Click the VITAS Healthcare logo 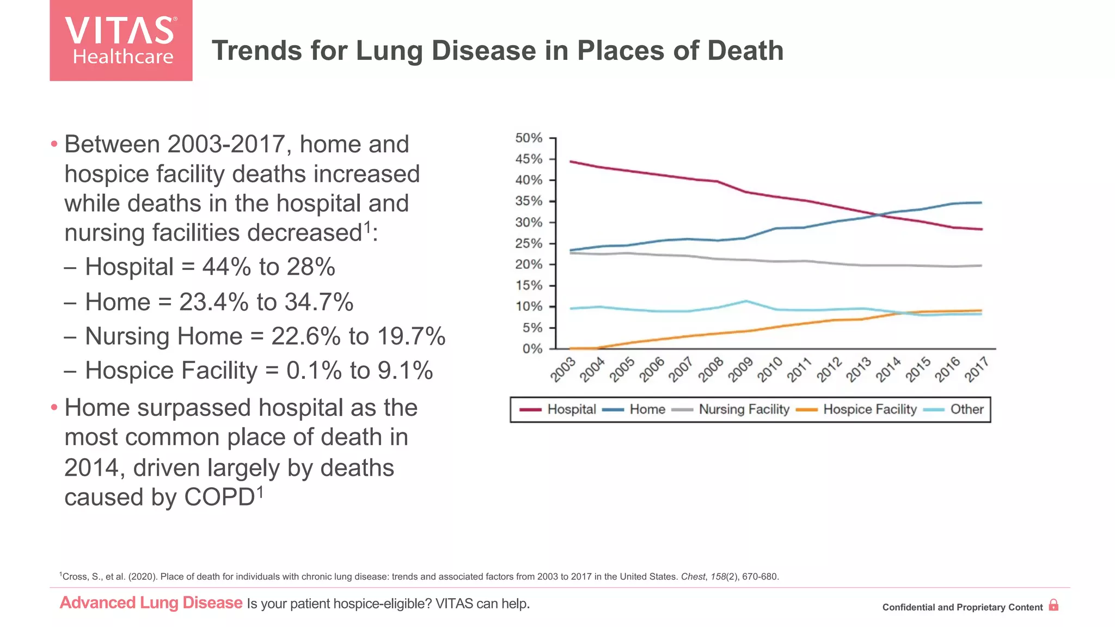[121, 40]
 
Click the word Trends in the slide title [256, 51]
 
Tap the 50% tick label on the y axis [529, 138]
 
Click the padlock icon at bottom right [1053, 605]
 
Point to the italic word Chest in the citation [693, 576]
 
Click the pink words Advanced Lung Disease [151, 603]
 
